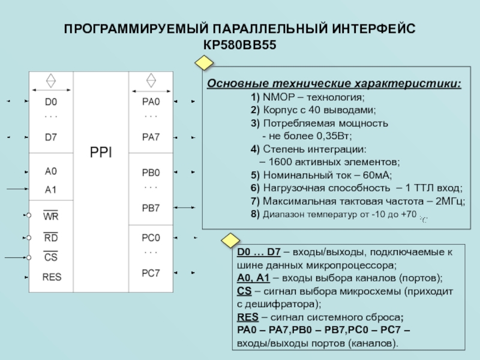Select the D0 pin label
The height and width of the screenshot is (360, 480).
pyautogui.click(x=51, y=101)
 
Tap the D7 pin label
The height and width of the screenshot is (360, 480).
pyautogui.click(x=51, y=137)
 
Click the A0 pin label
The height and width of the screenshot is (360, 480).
pyautogui.click(x=51, y=171)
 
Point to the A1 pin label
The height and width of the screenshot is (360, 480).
pyautogui.click(x=51, y=189)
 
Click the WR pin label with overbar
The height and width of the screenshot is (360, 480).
pyautogui.click(x=51, y=215)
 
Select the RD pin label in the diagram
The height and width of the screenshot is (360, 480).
pyautogui.click(x=51, y=237)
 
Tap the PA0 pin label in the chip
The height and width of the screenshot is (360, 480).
pyautogui.click(x=151, y=101)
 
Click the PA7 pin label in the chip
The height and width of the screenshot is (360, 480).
pyautogui.click(x=151, y=137)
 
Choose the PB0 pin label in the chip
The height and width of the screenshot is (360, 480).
pyautogui.click(x=151, y=173)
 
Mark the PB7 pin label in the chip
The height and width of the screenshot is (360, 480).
pyautogui.click(x=151, y=208)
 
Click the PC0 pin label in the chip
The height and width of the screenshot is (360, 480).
pyautogui.click(x=151, y=237)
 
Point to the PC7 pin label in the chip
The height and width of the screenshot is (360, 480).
pyautogui.click(x=151, y=273)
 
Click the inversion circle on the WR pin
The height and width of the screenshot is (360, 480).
pyautogui.click(x=28, y=215)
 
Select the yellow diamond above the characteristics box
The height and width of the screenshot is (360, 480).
pyautogui.click(x=204, y=63)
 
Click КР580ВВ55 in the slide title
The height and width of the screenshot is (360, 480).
pyautogui.click(x=239, y=45)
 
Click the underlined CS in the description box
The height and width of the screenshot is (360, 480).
pyautogui.click(x=244, y=292)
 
